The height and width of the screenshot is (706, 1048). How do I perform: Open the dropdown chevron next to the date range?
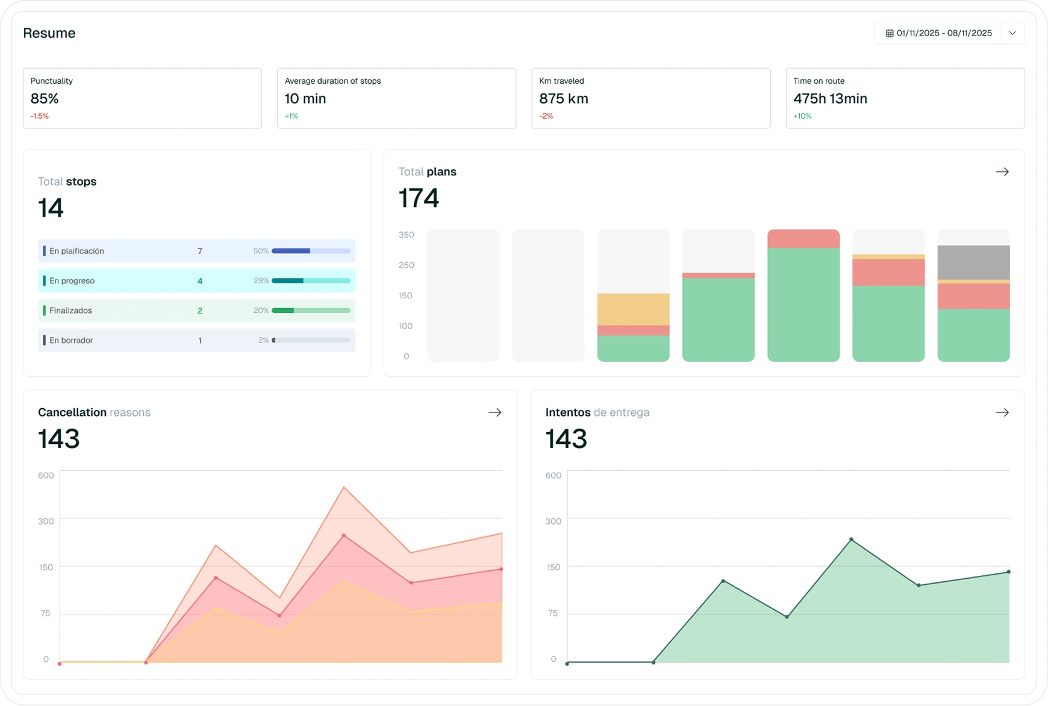pos(1012,33)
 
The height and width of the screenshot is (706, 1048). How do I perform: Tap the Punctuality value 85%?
pos(45,99)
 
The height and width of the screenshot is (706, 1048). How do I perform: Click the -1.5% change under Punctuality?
pos(40,116)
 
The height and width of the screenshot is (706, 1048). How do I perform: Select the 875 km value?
pos(563,99)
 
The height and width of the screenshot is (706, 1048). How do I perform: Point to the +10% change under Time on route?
pos(802,116)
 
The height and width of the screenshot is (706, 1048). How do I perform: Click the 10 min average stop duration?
pos(305,99)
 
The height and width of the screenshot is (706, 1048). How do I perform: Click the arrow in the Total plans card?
pos(1002,172)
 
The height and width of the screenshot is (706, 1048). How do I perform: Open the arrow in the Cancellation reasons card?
pos(494,412)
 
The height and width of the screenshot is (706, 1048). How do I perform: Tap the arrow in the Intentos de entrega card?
pos(1002,412)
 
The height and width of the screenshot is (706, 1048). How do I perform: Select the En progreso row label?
pos(72,281)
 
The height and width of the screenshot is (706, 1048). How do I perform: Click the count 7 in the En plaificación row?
pos(200,251)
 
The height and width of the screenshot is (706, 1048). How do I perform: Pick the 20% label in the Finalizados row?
pos(261,310)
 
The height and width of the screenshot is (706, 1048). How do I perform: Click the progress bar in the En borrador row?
pos(311,341)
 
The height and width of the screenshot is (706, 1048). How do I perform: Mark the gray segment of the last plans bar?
pos(973,262)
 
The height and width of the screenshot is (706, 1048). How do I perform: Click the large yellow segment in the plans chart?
pos(633,309)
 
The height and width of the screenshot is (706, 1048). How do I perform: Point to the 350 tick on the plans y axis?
pos(407,235)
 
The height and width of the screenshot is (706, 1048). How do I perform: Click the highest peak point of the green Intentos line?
pos(851,540)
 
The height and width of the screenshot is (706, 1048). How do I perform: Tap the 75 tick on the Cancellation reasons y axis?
pos(45,613)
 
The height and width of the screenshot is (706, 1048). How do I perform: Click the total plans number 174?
pos(419,198)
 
